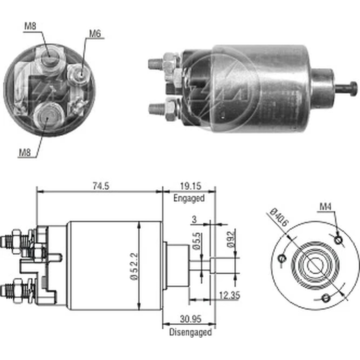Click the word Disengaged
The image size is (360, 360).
tap(190, 332)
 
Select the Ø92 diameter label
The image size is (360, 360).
tap(231, 239)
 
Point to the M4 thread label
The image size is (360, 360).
tap(325, 206)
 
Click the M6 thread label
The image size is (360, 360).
tap(95, 33)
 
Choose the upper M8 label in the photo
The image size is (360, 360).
tap(30, 26)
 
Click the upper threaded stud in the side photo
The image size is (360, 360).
tap(156, 64)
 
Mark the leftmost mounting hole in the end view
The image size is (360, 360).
tap(283, 258)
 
